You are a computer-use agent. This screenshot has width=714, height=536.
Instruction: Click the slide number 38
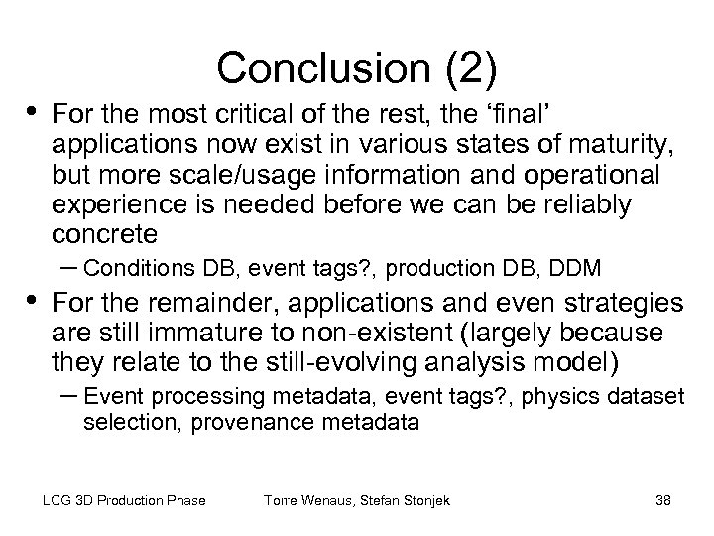pos(662,500)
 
